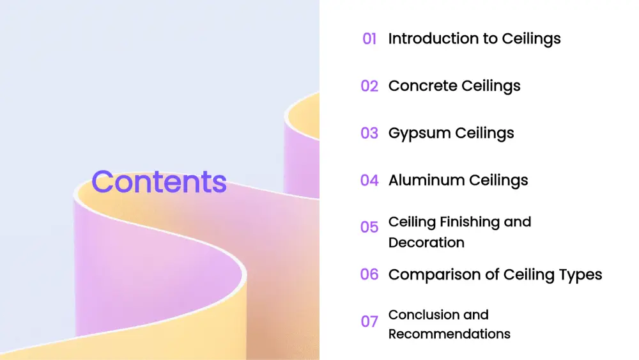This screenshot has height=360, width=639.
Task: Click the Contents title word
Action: tap(159, 182)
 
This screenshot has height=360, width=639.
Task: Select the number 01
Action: tap(369, 39)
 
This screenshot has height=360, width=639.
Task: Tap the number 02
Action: tap(369, 86)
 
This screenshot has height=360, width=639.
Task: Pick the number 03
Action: tap(369, 133)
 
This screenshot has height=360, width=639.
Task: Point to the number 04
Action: tap(369, 180)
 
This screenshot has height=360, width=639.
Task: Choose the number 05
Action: tap(369, 227)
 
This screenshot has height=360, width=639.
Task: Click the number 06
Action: tap(369, 274)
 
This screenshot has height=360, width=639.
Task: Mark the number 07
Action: tap(369, 322)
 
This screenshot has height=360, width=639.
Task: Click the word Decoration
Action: tap(426, 242)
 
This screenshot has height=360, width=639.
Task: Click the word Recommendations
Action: tap(449, 334)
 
